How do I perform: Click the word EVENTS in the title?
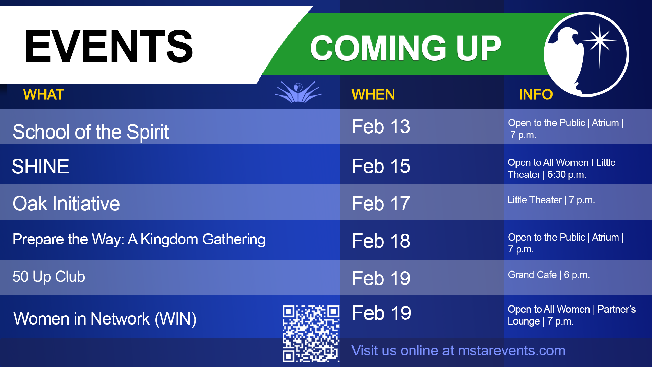[109, 47]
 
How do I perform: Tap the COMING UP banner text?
[406, 48]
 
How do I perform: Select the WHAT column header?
[44, 94]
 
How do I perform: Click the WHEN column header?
[373, 94]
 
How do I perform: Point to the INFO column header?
[536, 94]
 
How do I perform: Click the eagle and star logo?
[586, 54]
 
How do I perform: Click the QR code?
[311, 333]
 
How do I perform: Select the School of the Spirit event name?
[91, 132]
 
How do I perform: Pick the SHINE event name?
[40, 167]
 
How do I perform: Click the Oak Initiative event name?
[66, 204]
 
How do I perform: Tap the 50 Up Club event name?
[49, 277]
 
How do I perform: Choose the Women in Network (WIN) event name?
[105, 319]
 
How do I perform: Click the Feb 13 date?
[381, 126]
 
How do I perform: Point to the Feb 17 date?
[381, 204]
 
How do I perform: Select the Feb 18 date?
[381, 241]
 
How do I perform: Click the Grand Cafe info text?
[549, 275]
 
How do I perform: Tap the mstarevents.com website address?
[512, 351]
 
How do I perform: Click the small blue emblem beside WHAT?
[298, 92]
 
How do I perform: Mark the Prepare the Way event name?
[139, 240]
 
